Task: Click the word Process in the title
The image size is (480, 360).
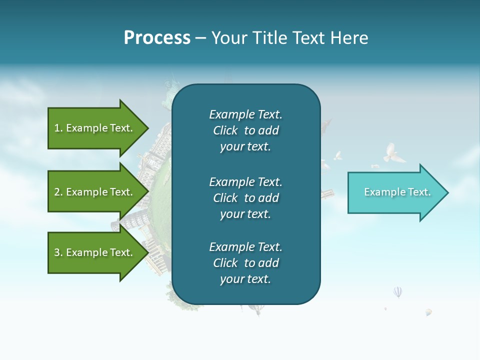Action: [x=157, y=38]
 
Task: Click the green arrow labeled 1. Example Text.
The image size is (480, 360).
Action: [x=95, y=128]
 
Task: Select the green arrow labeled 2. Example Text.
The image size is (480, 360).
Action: [x=95, y=192]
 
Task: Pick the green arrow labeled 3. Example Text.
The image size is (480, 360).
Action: [x=95, y=252]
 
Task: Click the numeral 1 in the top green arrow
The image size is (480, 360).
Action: [x=56, y=128]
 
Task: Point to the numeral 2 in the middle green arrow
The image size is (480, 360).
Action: [x=57, y=192]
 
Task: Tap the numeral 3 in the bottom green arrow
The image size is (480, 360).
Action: [x=57, y=252]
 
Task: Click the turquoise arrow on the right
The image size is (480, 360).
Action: [x=395, y=192]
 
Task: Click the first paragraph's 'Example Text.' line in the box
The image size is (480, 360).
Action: [x=245, y=114]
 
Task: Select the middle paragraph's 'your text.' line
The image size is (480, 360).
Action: [x=245, y=214]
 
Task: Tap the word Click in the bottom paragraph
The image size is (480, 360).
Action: [x=225, y=263]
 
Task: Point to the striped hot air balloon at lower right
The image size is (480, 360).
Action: [x=397, y=291]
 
